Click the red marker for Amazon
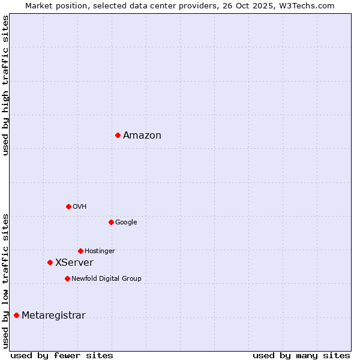coord(118,135)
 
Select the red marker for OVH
coord(68,206)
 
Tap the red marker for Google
coord(111,222)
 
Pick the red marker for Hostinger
coord(80,251)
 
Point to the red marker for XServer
coord(50,262)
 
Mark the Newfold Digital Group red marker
coord(67,278)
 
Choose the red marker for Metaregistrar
coord(16,315)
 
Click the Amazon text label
coord(142,136)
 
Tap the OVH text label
coord(80,206)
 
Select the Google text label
coord(126,222)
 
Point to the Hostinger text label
coord(100,251)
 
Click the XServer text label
coord(74,263)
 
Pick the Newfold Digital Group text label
coord(106,278)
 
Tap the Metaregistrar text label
coord(53,316)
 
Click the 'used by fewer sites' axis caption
coord(62,355)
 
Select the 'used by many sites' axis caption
coord(301,355)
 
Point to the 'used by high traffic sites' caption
coord(6,85)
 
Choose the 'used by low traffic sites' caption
coord(6,280)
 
